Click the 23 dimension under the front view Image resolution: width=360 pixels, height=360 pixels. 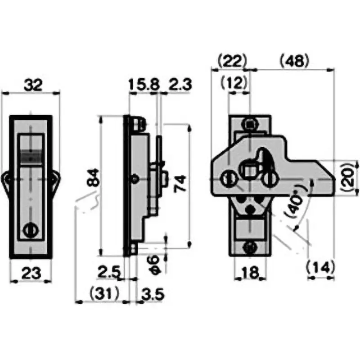pos(31,273)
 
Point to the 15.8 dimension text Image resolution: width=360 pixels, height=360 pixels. pos(142,84)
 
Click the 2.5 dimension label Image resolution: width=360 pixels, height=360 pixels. pos(109,273)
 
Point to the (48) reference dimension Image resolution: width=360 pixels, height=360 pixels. pos(294,61)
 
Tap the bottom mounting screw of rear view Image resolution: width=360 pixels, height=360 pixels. pos(250,246)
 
